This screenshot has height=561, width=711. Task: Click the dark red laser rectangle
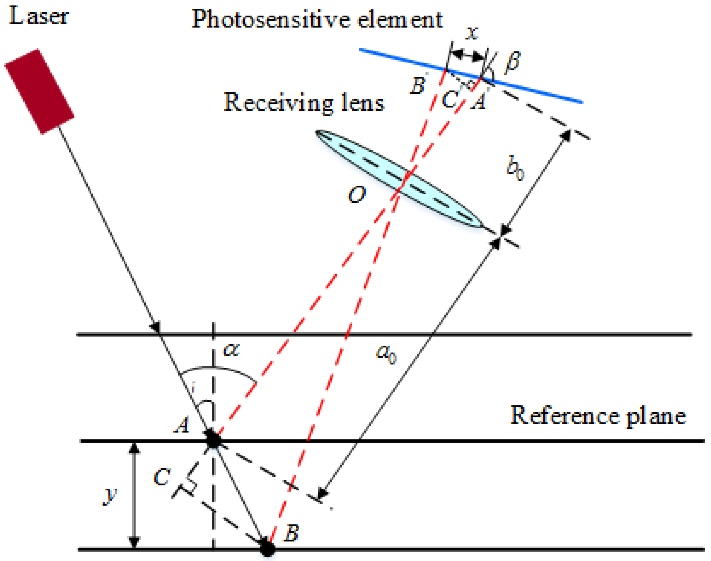click(40, 91)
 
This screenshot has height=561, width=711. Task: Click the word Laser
click(39, 17)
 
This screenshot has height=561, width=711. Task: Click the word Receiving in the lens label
click(278, 103)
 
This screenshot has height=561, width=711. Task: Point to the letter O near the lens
click(356, 194)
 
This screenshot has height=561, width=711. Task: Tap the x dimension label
click(472, 33)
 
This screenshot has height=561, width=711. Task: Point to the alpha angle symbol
click(231, 349)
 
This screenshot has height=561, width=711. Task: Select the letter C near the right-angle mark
click(162, 477)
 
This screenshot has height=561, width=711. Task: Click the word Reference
click(564, 416)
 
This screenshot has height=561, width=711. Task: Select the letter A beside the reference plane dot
click(182, 424)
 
